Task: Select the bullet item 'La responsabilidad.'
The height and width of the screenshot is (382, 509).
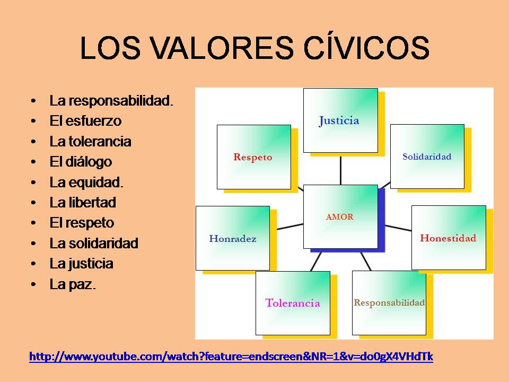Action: tap(111, 100)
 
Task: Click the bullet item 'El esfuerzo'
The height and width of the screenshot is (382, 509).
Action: tap(85, 121)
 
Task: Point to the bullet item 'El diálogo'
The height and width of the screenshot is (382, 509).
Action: tap(81, 162)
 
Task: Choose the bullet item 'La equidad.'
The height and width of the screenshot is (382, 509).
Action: tap(86, 183)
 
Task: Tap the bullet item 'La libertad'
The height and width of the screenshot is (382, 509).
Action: tap(83, 203)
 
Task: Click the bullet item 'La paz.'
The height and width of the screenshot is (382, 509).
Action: tap(73, 284)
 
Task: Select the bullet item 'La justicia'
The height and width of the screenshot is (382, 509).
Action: tap(81, 264)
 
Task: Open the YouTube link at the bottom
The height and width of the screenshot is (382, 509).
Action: tap(231, 357)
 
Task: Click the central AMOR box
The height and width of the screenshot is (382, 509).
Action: tap(340, 216)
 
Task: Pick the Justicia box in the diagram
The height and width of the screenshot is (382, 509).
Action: tap(340, 120)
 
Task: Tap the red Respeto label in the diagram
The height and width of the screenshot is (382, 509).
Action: tap(253, 157)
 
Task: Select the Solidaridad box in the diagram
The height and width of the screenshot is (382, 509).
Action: tap(427, 157)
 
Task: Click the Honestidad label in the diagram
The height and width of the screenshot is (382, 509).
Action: tap(448, 238)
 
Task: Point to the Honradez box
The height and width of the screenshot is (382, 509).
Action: tap(233, 239)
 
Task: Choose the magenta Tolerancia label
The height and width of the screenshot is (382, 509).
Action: tap(293, 303)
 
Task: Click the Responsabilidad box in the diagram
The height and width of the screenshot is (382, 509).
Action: tap(389, 303)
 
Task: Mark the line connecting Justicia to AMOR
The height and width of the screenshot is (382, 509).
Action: tap(340, 169)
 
